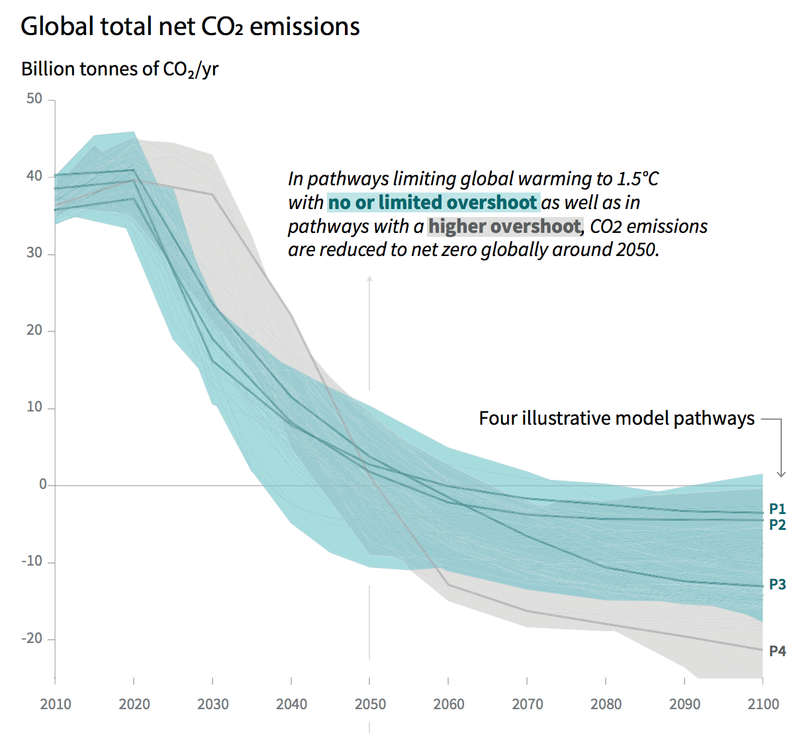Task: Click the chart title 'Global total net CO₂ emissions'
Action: pyautogui.click(x=190, y=26)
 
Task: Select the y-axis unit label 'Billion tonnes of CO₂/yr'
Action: pyautogui.click(x=120, y=69)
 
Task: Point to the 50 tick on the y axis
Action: pyautogui.click(x=34, y=99)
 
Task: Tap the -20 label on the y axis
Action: pyautogui.click(x=32, y=638)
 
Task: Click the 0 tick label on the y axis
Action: pyautogui.click(x=43, y=484)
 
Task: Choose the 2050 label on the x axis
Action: pyautogui.click(x=370, y=705)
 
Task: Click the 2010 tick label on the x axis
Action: pyautogui.click(x=56, y=705)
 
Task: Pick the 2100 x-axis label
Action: pyautogui.click(x=763, y=705)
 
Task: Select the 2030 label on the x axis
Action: pyautogui.click(x=212, y=705)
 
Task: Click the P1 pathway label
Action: pyautogui.click(x=777, y=509)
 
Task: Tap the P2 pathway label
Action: pyautogui.click(x=777, y=525)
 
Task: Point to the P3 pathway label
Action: pyautogui.click(x=777, y=584)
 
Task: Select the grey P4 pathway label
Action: pyautogui.click(x=777, y=651)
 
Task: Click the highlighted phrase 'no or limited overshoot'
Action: pyautogui.click(x=433, y=202)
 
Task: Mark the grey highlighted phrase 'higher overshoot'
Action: pyautogui.click(x=504, y=226)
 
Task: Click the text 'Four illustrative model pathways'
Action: pyautogui.click(x=616, y=418)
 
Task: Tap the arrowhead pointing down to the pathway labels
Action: pyautogui.click(x=781, y=473)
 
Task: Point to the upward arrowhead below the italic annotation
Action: pyautogui.click(x=369, y=279)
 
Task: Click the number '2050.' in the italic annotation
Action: pyautogui.click(x=637, y=250)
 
